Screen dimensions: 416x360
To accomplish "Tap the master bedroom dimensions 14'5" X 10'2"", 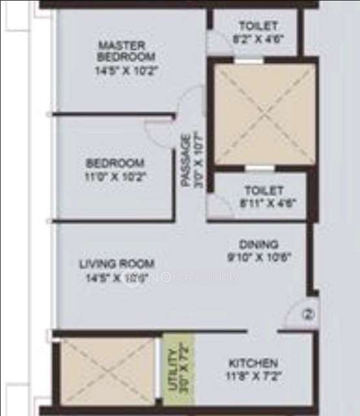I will (123, 68).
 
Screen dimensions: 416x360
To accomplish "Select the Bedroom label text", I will (116, 162).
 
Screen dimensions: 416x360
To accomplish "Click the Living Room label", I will (117, 264).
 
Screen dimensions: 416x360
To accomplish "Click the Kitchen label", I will (253, 363).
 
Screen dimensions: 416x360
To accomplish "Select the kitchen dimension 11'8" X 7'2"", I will (253, 374).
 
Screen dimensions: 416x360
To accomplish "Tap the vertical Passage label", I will (186, 161).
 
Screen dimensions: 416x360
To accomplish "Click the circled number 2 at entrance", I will (309, 315).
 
